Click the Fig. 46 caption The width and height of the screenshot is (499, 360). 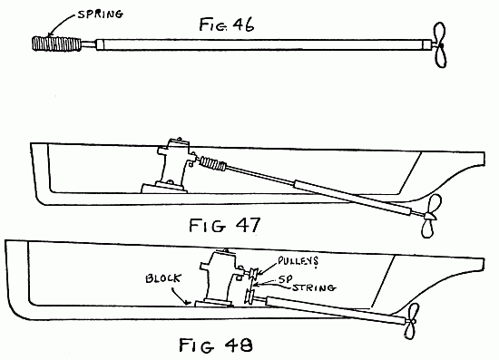[226, 24]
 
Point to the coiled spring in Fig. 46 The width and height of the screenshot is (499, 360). [54, 42]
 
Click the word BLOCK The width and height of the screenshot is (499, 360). [161, 280]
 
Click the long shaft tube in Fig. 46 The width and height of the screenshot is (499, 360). [263, 44]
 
